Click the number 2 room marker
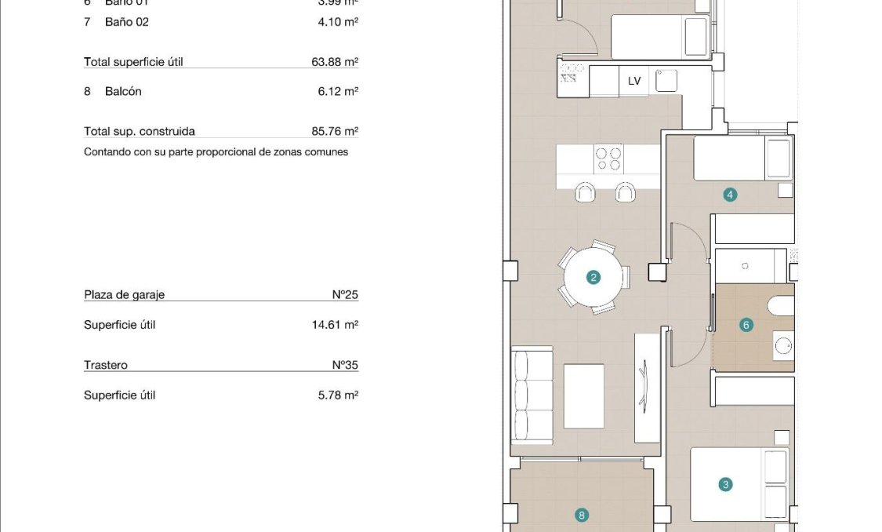click(593, 277)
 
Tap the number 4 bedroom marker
click(730, 195)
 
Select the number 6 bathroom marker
click(746, 324)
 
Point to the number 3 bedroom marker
click(725, 484)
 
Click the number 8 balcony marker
click(581, 516)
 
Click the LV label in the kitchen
click(634, 81)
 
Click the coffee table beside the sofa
click(584, 395)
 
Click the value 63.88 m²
click(335, 62)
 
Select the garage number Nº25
click(345, 295)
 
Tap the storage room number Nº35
click(345, 366)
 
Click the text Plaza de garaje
click(124, 295)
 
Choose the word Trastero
click(106, 366)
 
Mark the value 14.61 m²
click(335, 325)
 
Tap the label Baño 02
click(126, 22)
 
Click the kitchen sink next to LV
click(666, 80)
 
